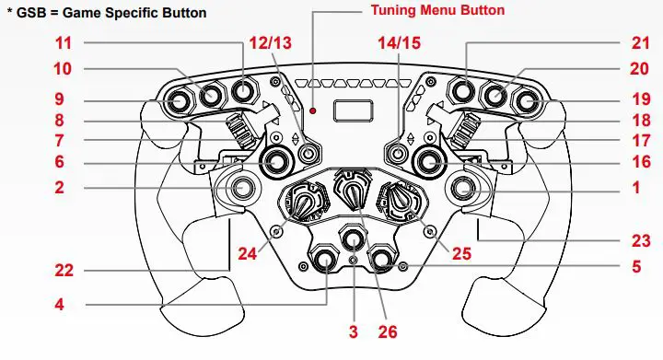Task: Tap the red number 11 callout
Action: [38, 43]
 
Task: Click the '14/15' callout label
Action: [397, 43]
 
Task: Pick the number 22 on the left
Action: [38, 271]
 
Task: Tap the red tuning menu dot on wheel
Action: [314, 111]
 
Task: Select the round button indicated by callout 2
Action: [243, 189]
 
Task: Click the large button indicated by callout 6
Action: [274, 162]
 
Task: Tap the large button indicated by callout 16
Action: [429, 162]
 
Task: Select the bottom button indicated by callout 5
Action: [381, 261]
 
